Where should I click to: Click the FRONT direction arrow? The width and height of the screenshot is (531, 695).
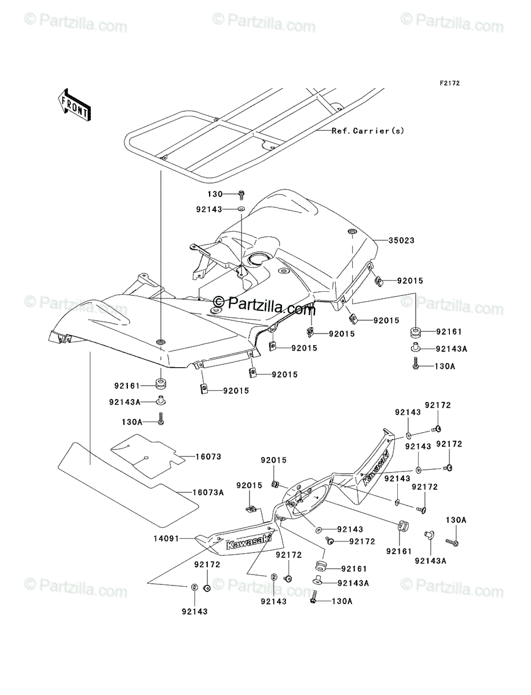(74, 104)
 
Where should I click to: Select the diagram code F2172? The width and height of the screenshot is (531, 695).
(450, 83)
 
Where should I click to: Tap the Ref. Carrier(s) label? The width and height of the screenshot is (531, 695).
(368, 131)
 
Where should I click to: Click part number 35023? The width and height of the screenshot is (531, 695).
(401, 240)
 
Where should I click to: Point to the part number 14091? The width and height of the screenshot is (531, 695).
(166, 539)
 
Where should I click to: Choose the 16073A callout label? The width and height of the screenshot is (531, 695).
(208, 492)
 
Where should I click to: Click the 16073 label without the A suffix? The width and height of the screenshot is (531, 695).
(208, 456)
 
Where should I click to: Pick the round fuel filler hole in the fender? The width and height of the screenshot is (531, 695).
(259, 259)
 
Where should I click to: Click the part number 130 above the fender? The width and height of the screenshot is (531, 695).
(215, 194)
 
